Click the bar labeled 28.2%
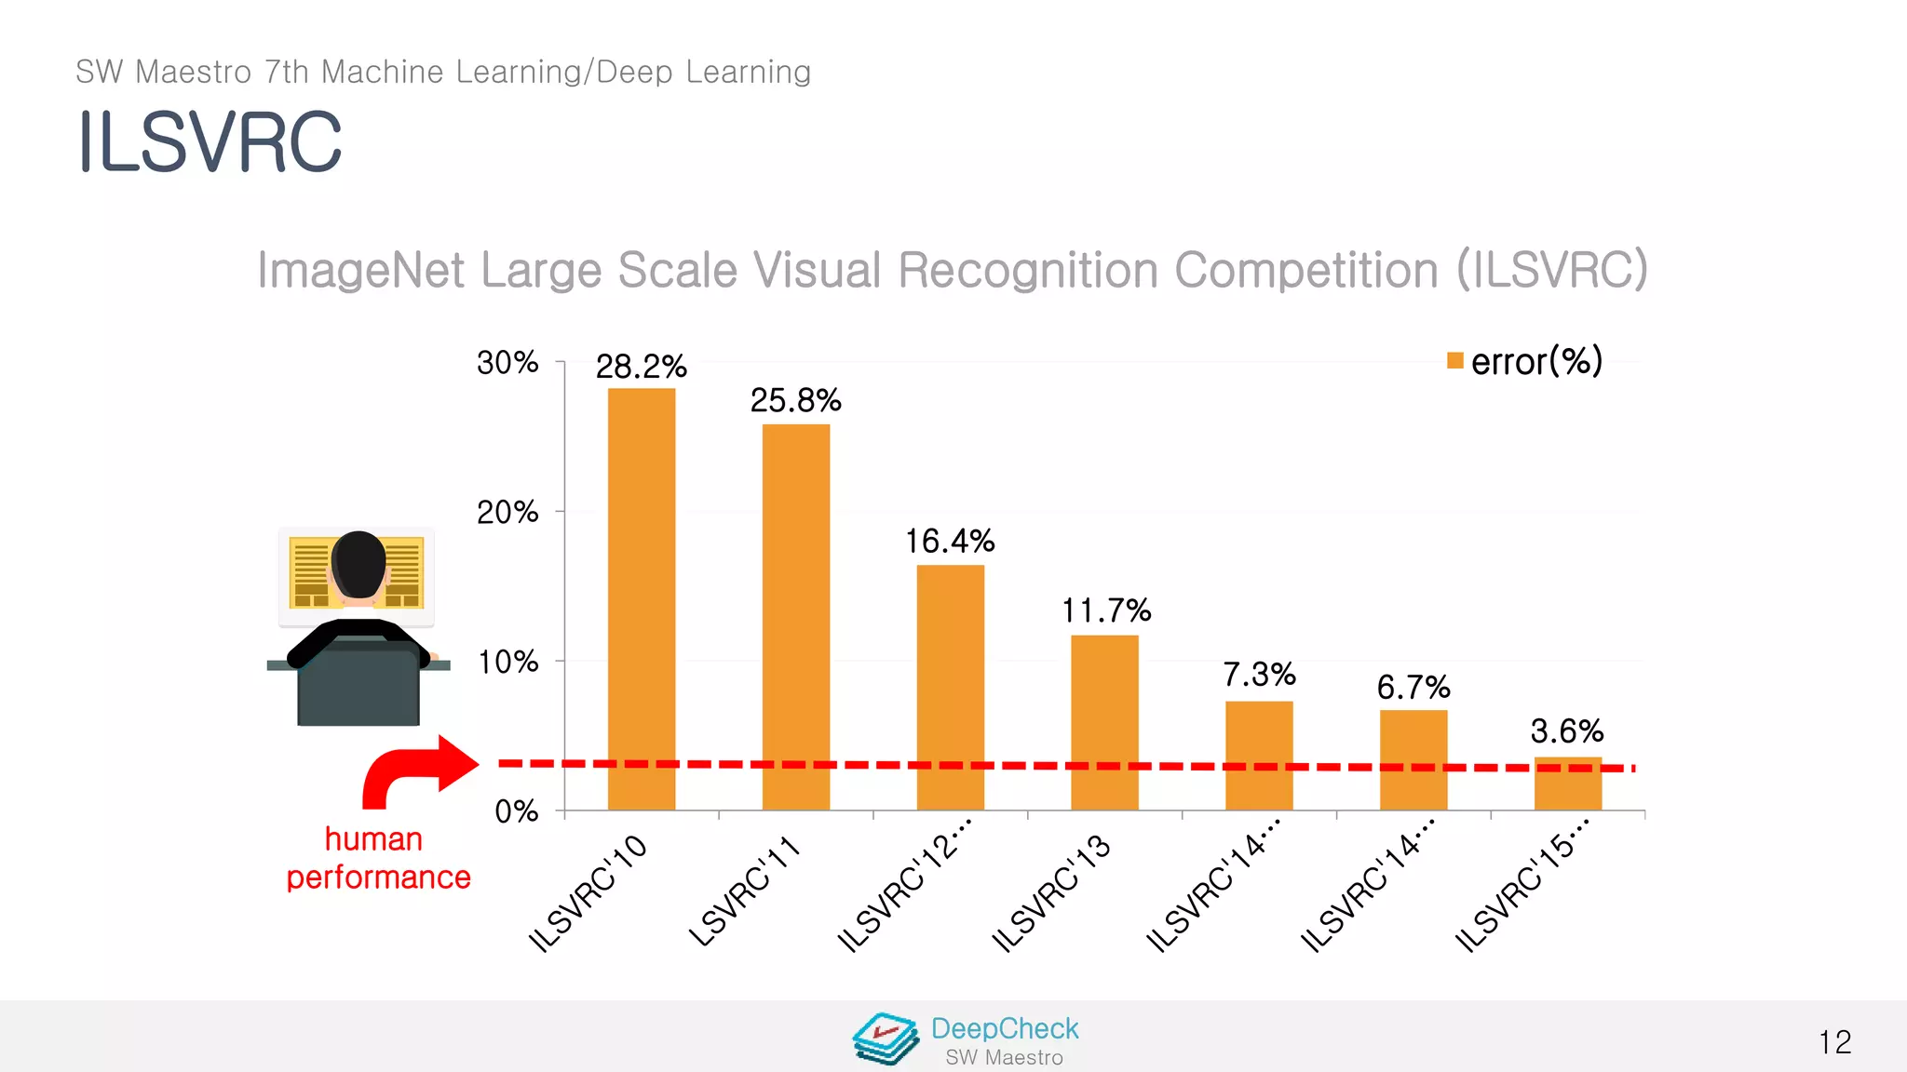[x=642, y=596]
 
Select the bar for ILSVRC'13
[x=1104, y=721]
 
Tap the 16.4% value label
[x=950, y=541]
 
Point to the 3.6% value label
[x=1566, y=731]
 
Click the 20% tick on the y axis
[x=507, y=512]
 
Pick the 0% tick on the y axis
[x=516, y=811]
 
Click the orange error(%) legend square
[x=1455, y=361]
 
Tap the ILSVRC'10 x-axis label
[x=588, y=893]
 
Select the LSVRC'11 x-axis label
[x=744, y=891]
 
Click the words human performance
[x=377, y=858]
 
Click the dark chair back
[x=358, y=687]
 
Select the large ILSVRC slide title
[x=210, y=142]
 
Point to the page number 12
[x=1834, y=1042]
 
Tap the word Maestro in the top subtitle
[x=194, y=73]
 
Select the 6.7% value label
[x=1413, y=688]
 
